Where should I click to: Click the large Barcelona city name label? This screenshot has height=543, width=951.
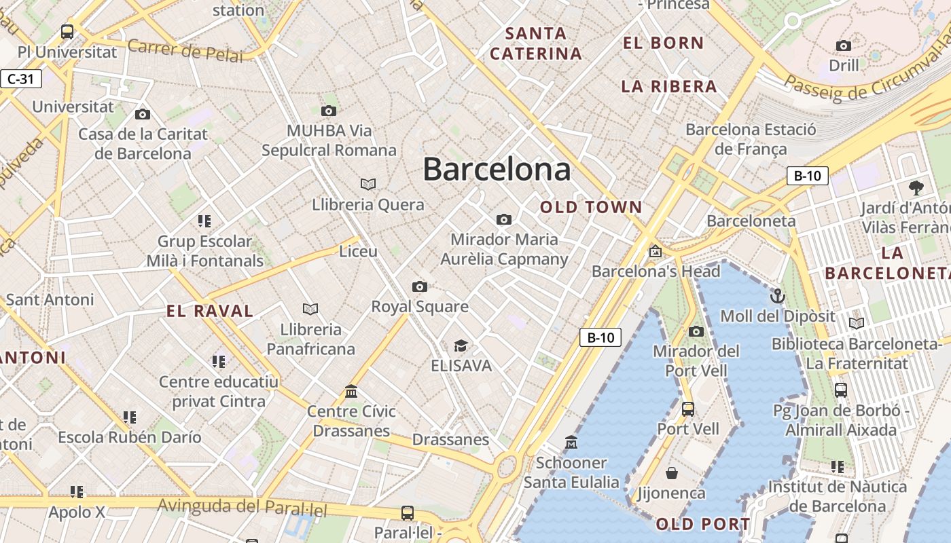[x=497, y=169]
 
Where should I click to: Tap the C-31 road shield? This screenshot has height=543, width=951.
[x=20, y=79]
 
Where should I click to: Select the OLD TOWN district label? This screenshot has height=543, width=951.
[x=591, y=207]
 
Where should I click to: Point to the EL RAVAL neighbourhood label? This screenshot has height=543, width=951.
[x=210, y=312]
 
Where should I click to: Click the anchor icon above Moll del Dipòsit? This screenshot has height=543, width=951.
[x=777, y=296]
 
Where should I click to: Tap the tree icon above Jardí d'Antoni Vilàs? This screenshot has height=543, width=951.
[x=916, y=188]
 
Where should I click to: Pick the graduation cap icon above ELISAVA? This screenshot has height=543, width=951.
[x=461, y=346]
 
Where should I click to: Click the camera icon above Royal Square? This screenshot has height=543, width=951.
[x=420, y=286]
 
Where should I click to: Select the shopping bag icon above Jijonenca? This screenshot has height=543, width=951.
[x=671, y=473]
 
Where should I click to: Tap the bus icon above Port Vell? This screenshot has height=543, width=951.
[x=687, y=409]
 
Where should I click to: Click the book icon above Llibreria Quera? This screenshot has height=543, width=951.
[x=368, y=184]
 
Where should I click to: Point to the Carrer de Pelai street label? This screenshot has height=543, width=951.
[x=185, y=50]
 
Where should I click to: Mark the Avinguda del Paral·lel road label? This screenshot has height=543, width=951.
[x=243, y=506]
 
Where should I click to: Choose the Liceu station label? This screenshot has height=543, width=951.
[x=358, y=251]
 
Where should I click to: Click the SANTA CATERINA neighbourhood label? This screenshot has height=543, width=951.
[x=536, y=43]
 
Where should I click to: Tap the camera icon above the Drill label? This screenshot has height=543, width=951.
[x=844, y=45]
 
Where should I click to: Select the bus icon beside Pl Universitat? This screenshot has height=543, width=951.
[x=67, y=31]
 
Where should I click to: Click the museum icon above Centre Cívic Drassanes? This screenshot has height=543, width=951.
[x=351, y=391]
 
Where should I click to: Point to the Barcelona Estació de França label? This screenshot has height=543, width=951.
[x=751, y=139]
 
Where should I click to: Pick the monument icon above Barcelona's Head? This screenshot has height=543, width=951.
[x=655, y=251]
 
